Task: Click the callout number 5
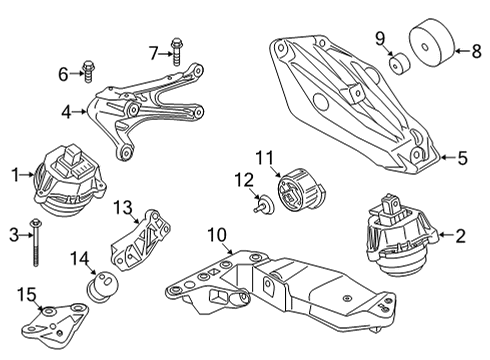click(x=461, y=156)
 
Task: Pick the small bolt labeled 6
click(x=86, y=73)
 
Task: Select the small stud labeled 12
click(x=263, y=208)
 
